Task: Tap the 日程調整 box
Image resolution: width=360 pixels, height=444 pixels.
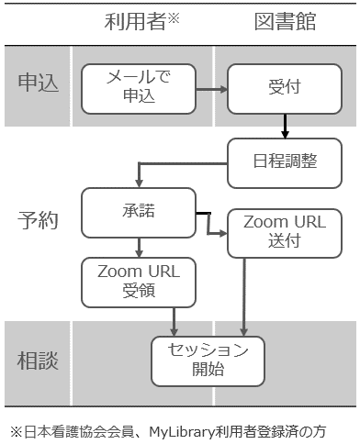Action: pos(286,161)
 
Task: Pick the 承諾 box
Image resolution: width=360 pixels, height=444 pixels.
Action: pos(139,212)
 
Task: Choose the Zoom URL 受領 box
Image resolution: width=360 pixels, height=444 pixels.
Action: pos(139,282)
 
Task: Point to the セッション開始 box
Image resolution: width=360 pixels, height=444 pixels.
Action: pos(207,361)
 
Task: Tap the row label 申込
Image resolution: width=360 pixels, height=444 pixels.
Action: pos(39,83)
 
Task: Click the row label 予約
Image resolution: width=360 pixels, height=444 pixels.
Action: pos(39,220)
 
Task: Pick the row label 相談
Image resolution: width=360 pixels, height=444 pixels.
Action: pos(39,361)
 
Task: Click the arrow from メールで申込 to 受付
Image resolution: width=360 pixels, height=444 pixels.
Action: pos(212,89)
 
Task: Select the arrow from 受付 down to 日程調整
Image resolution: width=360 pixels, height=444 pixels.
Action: pos(286,124)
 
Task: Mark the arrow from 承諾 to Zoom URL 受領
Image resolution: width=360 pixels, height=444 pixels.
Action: pos(139,246)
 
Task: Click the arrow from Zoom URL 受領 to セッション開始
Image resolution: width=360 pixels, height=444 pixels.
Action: pos(174,321)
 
